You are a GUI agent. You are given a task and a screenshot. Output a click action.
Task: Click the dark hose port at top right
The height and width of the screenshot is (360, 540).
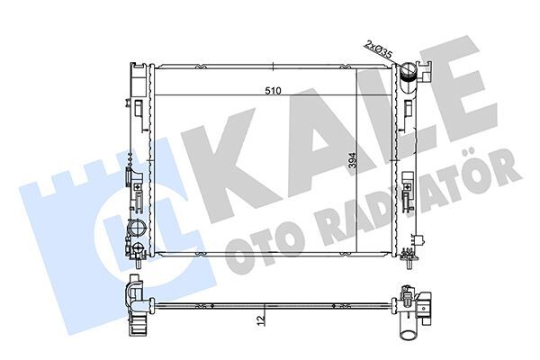click(x=410, y=72)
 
